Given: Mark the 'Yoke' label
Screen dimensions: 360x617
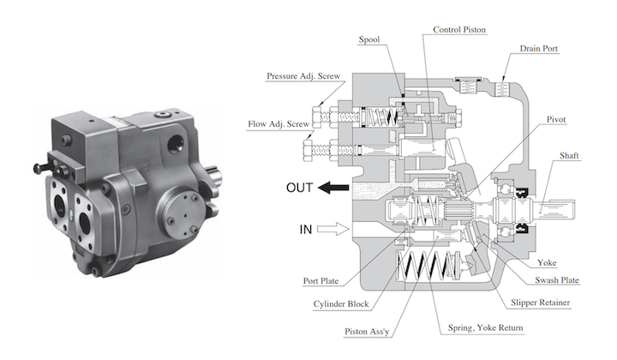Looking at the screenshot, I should point(547,262).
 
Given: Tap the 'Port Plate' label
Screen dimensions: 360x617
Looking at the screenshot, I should point(323,279).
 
